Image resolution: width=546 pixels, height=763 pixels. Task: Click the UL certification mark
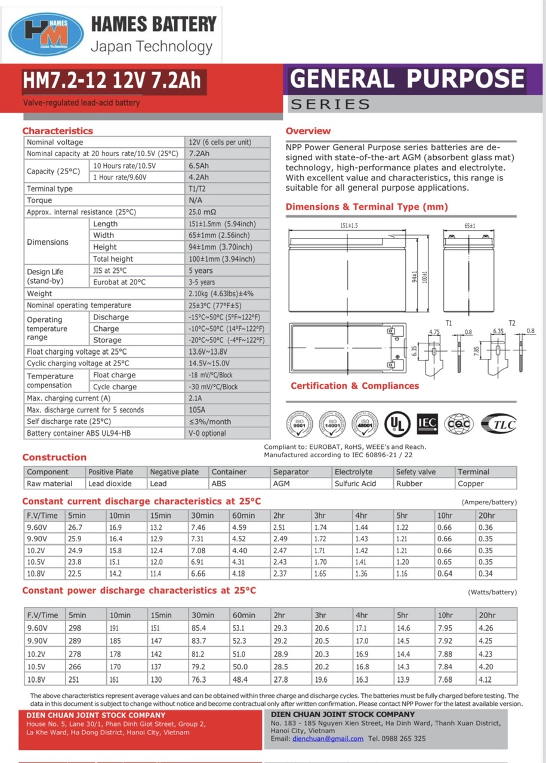coord(397,423)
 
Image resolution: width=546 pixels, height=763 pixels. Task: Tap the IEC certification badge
coord(427,423)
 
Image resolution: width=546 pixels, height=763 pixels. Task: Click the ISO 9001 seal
coord(300,423)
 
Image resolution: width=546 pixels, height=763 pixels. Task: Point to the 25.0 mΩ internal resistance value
coord(202,212)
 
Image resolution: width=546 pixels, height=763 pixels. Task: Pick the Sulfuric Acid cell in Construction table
coord(355,483)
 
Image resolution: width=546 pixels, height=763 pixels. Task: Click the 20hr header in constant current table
coord(486,516)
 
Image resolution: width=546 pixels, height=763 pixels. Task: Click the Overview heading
coord(308,131)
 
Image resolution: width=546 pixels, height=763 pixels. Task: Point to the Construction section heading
coord(54,457)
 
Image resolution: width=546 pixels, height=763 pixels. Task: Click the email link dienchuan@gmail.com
coord(328,739)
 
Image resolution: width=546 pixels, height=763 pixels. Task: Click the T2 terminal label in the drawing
coord(512,323)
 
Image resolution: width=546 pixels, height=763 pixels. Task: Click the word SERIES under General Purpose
coord(330,104)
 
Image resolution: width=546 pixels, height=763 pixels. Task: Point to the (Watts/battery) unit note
coord(492,592)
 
